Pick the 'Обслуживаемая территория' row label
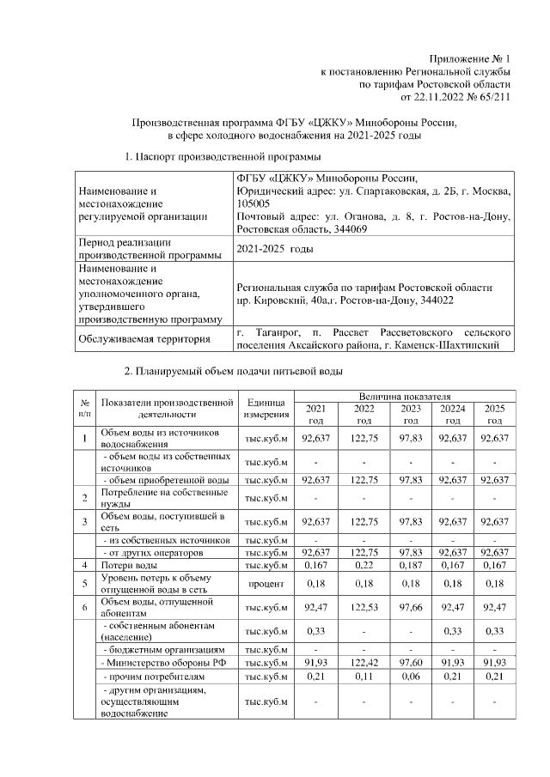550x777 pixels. point(144,340)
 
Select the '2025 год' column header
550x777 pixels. point(494,414)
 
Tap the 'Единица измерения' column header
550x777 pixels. point(266,408)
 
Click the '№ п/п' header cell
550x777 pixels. point(85,408)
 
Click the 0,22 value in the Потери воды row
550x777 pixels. point(364,566)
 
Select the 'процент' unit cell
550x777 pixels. point(266,584)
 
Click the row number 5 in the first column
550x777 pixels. point(85,584)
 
